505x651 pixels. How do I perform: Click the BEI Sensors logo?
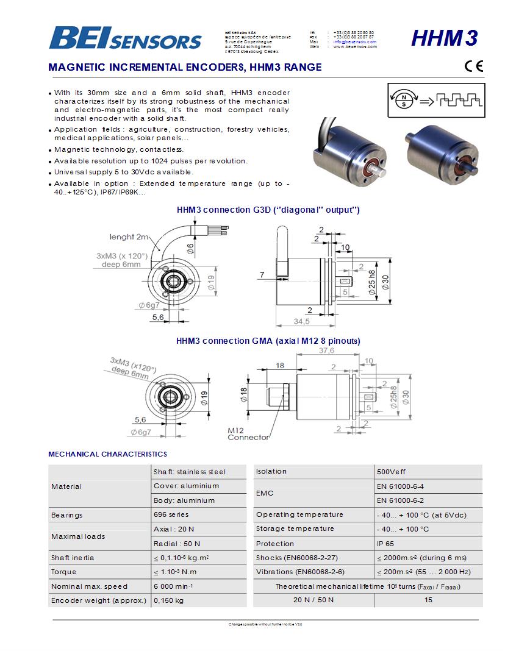(x=125, y=38)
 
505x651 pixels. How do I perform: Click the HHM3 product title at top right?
(x=444, y=38)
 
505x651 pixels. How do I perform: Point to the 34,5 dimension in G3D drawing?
(x=303, y=321)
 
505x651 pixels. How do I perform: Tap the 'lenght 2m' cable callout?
(x=129, y=237)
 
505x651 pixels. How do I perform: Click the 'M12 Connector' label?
(x=248, y=433)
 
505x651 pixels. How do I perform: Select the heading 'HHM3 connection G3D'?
(x=268, y=210)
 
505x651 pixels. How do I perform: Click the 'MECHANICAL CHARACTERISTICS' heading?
(x=107, y=454)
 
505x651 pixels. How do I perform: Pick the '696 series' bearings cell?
(x=171, y=515)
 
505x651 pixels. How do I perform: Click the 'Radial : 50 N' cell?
(x=177, y=543)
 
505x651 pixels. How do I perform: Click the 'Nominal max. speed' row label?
(x=89, y=586)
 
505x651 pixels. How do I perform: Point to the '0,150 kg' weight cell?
(x=168, y=600)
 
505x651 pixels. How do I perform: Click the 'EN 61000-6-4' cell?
(x=400, y=486)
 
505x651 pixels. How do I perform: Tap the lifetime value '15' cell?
(x=428, y=600)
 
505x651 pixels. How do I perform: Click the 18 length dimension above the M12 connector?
(x=280, y=365)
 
